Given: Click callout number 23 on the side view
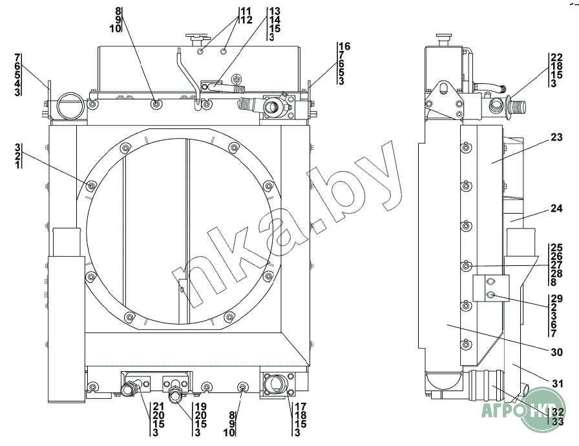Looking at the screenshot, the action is [556, 137].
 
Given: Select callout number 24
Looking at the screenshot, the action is [556, 208].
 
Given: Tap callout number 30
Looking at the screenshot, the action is [556, 352].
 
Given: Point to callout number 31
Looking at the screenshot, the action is [558, 383].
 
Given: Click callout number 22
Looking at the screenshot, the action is [556, 57].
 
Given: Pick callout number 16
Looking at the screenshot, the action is [344, 46].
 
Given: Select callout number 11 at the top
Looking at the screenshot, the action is [246, 11].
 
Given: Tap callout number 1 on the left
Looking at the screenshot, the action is [17, 165].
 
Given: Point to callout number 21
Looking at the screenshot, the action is [158, 407].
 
